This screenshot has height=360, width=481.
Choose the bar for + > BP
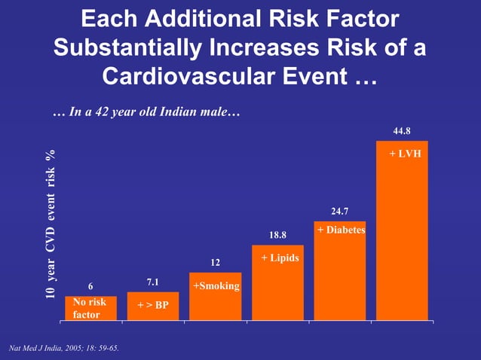153,307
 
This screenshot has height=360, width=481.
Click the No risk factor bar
90,308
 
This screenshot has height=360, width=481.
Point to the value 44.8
402,131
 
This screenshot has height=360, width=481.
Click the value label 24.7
340,212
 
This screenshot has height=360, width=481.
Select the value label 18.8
278,235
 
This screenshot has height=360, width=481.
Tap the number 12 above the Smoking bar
215,263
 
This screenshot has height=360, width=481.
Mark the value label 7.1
152,282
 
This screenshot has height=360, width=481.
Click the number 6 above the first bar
90,286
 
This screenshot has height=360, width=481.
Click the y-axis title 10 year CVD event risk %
51,225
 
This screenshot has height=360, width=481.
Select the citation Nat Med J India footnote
63,349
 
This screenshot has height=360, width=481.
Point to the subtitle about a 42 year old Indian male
146,114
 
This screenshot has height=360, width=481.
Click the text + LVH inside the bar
405,153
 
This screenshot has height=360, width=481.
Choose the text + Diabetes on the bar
341,229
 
